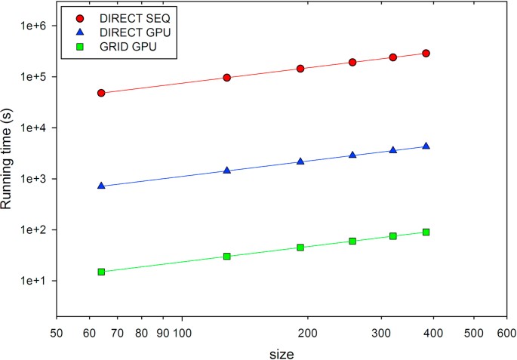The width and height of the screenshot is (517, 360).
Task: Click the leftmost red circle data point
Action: coord(101,93)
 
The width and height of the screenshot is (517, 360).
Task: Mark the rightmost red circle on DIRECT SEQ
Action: coord(426,54)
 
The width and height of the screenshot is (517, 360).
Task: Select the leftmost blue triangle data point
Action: coord(101,185)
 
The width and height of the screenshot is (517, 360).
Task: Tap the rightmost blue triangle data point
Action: coord(426,146)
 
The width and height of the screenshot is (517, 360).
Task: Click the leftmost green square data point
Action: coord(101,272)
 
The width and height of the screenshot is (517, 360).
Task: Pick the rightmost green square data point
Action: coord(426,232)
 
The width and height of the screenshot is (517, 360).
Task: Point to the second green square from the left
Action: coord(226,257)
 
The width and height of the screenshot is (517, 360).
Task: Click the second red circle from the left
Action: coord(226,78)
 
